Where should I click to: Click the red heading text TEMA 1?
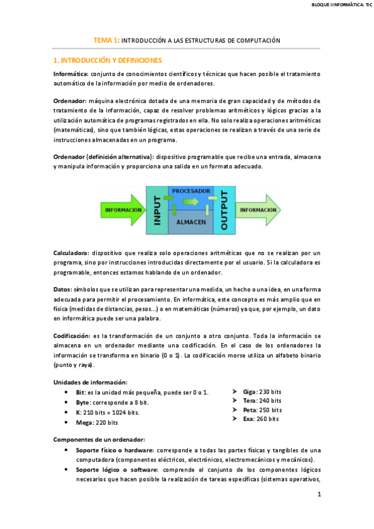(106, 40)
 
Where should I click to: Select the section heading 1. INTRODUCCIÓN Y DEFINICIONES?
(107, 61)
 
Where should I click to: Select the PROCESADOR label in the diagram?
(190, 190)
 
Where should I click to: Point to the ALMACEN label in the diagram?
(190, 222)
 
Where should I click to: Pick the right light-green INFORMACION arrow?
(258, 210)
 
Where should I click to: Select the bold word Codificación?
(74, 335)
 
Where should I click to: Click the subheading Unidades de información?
(91, 382)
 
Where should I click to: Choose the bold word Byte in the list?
(83, 402)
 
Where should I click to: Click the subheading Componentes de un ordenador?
(99, 439)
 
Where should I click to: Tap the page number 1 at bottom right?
(318, 495)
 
